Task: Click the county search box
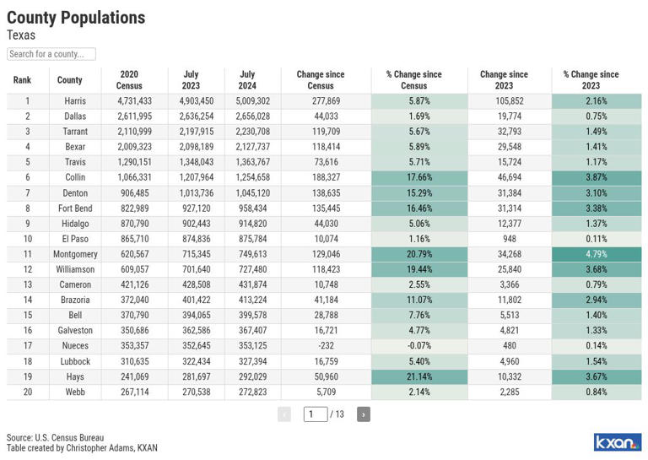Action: (51, 54)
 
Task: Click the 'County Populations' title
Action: (76, 18)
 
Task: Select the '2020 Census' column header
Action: (129, 80)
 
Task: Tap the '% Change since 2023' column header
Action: (591, 80)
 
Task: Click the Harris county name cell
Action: (75, 101)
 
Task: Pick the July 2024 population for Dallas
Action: (252, 116)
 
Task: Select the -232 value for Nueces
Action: (326, 346)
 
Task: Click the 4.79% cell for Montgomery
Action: (597, 254)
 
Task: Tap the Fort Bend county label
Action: (75, 208)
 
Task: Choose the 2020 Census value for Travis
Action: (134, 162)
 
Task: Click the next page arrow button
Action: (363, 414)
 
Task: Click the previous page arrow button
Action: (284, 414)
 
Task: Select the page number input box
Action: (315, 414)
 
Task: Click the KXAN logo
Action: (617, 442)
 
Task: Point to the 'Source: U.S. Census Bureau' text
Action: (55, 438)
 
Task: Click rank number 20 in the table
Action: (27, 392)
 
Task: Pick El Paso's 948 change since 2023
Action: (510, 239)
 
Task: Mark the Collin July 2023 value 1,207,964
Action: (196, 177)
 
